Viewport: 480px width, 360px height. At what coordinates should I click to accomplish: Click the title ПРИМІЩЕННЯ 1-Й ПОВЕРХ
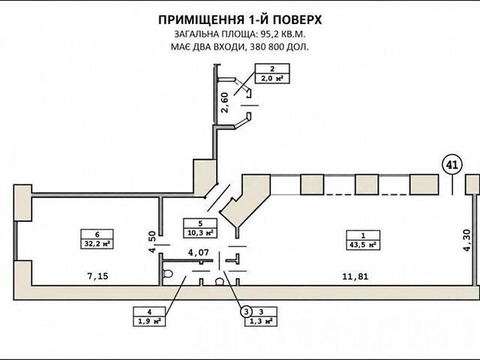point(240,20)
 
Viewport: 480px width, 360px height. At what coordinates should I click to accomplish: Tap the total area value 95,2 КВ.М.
point(283,34)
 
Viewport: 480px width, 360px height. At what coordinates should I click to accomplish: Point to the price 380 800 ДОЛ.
point(279,47)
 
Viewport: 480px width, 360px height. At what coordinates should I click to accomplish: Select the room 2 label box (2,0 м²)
point(272,73)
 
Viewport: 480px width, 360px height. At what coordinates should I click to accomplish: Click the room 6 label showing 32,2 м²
point(97,238)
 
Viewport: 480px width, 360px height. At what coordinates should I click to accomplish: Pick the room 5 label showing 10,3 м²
point(200,228)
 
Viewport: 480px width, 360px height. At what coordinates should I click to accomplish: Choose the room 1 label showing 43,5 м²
point(363,240)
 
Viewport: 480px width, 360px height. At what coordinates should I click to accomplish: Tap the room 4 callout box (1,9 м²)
point(149,316)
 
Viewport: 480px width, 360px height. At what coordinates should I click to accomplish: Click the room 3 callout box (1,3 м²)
point(261,316)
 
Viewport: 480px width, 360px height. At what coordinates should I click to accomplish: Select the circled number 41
point(452,165)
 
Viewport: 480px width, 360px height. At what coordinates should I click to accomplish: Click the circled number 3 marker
point(246,312)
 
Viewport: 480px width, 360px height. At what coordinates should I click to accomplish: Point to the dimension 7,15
point(98,276)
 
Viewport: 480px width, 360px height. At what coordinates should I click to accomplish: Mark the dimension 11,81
point(355,277)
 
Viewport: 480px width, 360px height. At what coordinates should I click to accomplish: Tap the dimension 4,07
point(198,253)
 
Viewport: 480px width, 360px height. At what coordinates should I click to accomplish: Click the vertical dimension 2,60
point(225,103)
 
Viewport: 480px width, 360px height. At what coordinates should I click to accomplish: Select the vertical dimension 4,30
point(466,241)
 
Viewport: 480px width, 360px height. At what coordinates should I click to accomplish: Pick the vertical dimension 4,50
point(152,241)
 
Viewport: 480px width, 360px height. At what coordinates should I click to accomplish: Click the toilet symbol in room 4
point(167,273)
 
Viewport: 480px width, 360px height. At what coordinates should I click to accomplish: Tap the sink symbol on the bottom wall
point(220,282)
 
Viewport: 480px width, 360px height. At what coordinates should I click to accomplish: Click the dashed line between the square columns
point(367,194)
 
